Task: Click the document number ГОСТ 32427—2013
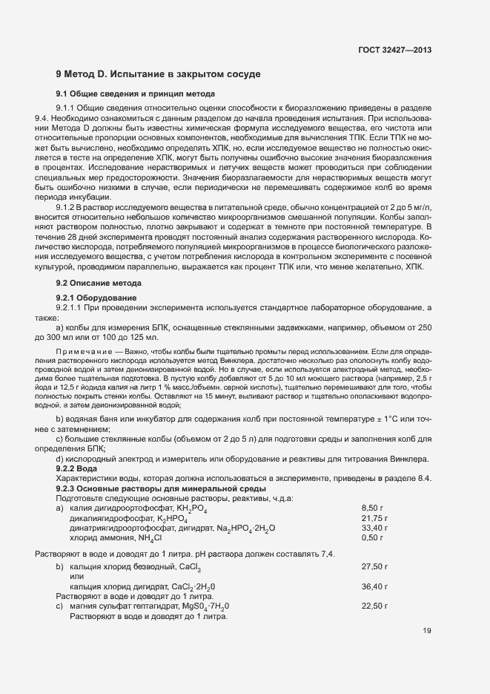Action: (x=394, y=50)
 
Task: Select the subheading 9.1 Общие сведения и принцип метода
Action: (x=136, y=94)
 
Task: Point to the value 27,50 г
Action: (x=374, y=566)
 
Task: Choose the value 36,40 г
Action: (x=374, y=586)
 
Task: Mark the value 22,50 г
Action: (x=374, y=606)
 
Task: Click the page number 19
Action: (x=426, y=632)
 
